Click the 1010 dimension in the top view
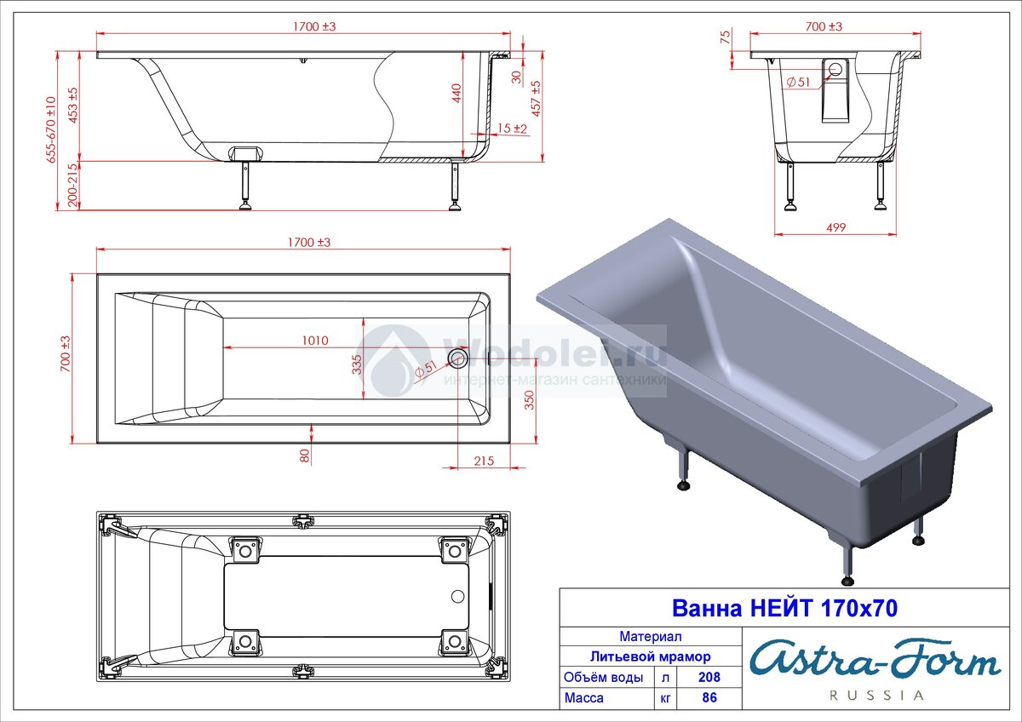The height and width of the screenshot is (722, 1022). tap(315, 341)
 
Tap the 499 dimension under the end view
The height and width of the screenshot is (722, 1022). tap(835, 227)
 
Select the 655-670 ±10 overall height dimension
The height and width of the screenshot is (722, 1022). tap(50, 129)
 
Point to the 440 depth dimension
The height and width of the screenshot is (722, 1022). tap(456, 93)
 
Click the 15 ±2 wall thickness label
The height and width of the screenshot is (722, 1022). tap(512, 129)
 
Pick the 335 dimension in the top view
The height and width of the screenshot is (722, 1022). tap(357, 364)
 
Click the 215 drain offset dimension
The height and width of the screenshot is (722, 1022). tap(484, 461)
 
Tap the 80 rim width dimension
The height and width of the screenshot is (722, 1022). tap(305, 456)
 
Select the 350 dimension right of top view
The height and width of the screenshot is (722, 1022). tap(529, 400)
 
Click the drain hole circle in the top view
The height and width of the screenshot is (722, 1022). tap(457, 358)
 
